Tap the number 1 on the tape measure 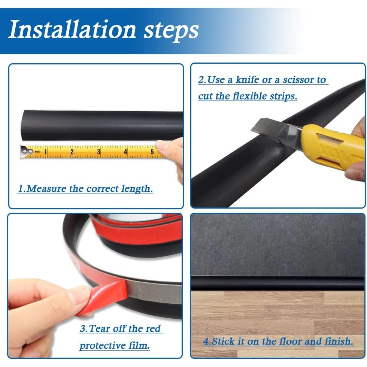point(45,152)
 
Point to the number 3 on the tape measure point(99,152)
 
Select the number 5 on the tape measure point(152,152)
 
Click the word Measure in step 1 point(46,188)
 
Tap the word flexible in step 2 point(251,96)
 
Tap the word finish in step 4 point(339,342)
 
